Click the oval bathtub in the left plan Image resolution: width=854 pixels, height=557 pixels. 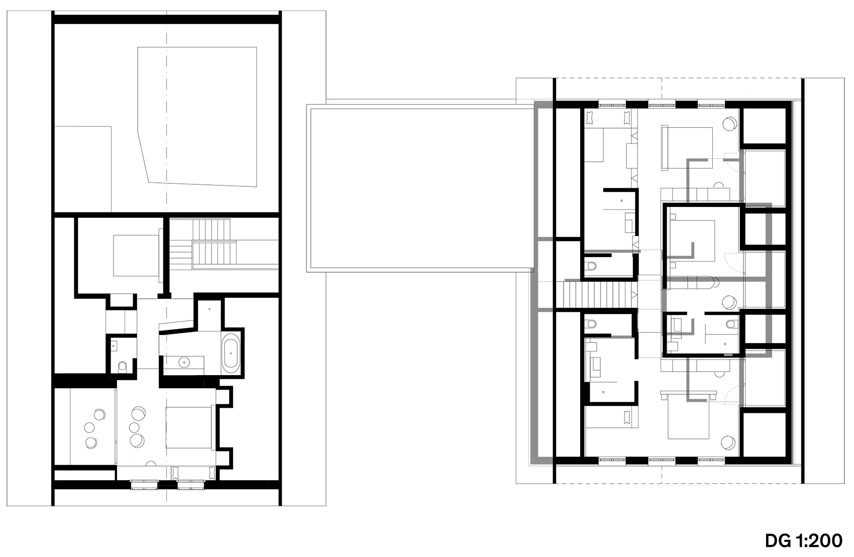point(231,353)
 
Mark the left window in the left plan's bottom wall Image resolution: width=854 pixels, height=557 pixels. point(145,484)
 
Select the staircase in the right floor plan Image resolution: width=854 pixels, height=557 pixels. point(597,295)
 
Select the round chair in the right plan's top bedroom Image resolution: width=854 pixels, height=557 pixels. point(730,123)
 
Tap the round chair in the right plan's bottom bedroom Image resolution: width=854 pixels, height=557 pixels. point(727,442)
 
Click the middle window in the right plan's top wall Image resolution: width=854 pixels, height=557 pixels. point(663,105)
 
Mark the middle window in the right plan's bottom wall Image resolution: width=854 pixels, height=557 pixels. point(663,460)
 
